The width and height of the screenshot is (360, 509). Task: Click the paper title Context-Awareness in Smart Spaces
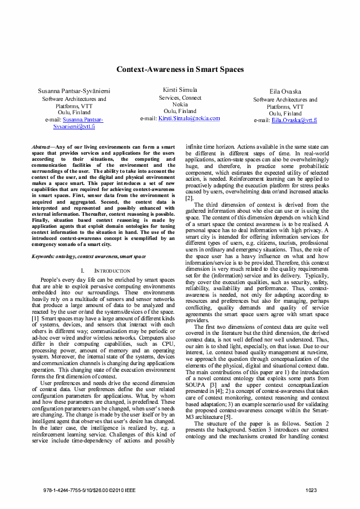(180, 70)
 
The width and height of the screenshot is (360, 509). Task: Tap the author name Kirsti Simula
(180, 89)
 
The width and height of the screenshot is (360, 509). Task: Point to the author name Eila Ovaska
(285, 91)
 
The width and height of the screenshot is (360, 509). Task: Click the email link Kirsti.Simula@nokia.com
(189, 118)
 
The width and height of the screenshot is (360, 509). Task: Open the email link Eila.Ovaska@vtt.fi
(294, 120)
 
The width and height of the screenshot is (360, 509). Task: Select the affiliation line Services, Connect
(180, 97)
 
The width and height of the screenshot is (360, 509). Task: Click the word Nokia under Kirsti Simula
(180, 104)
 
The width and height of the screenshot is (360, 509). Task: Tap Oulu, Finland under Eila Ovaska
(285, 113)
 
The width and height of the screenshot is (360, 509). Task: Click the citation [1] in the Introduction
(36, 317)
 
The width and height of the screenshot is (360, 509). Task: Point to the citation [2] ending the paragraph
(189, 198)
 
